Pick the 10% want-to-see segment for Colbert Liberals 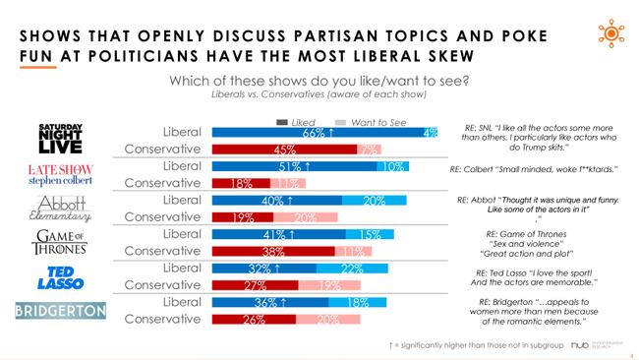[393, 166]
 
